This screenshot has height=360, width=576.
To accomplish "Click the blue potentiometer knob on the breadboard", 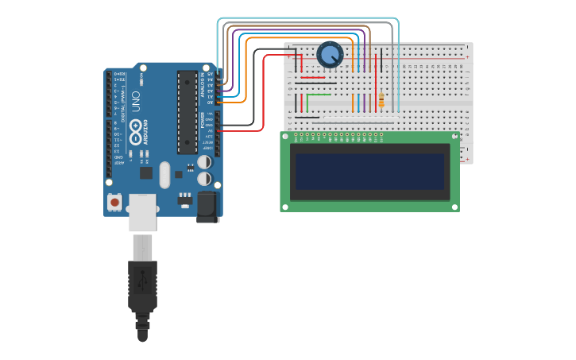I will point(330,54).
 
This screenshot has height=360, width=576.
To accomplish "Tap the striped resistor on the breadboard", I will point(381,100).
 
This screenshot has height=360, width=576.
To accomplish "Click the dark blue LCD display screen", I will point(369,172).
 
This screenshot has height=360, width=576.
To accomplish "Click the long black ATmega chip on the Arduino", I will point(187,111).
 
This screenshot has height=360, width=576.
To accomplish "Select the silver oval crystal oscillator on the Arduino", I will point(164,175).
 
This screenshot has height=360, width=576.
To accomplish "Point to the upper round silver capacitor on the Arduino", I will point(205,161).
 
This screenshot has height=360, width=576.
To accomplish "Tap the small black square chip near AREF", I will point(145,172).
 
